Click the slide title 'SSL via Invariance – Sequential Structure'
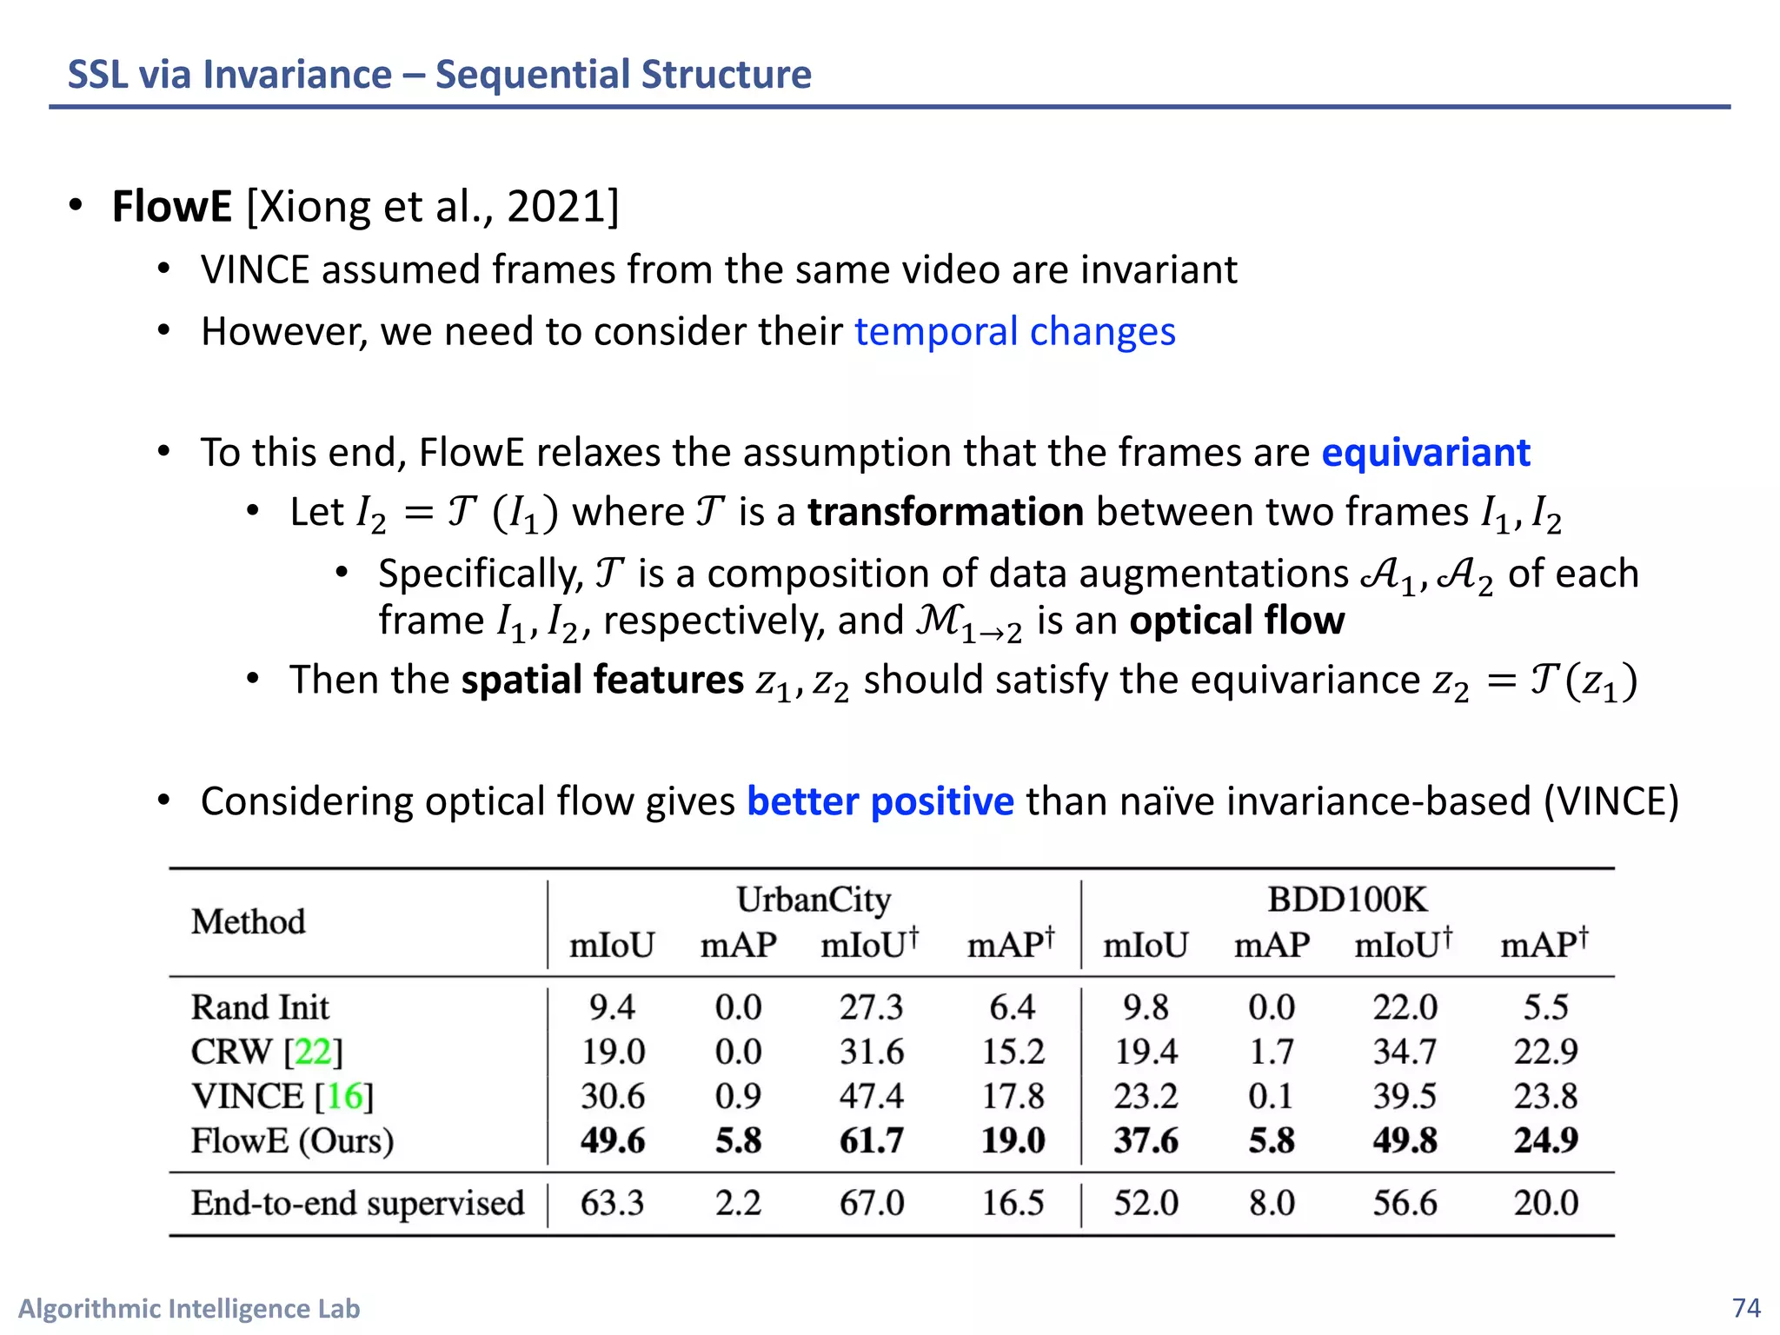click(x=439, y=75)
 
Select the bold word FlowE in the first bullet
click(x=172, y=207)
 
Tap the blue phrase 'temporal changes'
click(x=1014, y=332)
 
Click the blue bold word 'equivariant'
click(x=1425, y=453)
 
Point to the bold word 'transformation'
click(x=945, y=512)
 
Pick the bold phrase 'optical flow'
click(x=1236, y=621)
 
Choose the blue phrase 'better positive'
click(x=880, y=801)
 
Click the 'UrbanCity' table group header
click(x=813, y=900)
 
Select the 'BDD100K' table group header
click(x=1346, y=900)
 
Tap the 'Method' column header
click(x=249, y=922)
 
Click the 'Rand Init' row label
click(x=260, y=1007)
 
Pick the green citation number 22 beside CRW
click(x=313, y=1052)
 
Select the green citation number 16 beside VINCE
click(x=343, y=1096)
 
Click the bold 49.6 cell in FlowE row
click(x=613, y=1140)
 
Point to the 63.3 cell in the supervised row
click(x=613, y=1203)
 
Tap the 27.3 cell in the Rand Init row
click(x=871, y=1007)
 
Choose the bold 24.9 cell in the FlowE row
click(x=1545, y=1140)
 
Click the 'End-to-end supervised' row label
click(x=357, y=1203)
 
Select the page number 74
click(x=1746, y=1308)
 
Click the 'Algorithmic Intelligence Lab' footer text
click(x=189, y=1309)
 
